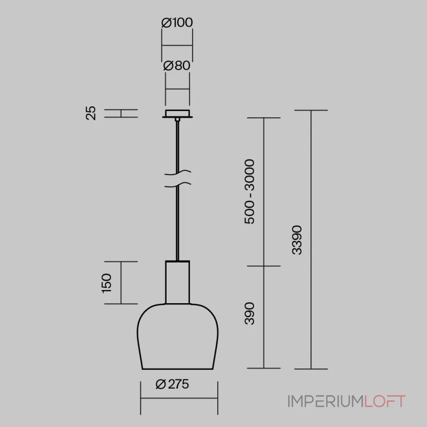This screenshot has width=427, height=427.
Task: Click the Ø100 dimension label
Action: tap(177, 22)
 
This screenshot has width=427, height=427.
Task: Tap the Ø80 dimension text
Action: tap(177, 66)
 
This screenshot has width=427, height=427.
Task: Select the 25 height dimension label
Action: tap(91, 113)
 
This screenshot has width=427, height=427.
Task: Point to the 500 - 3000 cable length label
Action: tap(249, 192)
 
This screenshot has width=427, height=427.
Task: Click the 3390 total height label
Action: tap(297, 240)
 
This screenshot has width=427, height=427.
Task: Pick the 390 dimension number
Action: tap(249, 313)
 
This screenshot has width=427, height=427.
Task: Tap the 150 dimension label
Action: tap(106, 283)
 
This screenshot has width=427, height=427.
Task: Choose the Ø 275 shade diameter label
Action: tap(172, 384)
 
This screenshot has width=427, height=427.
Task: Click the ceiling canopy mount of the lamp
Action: tap(178, 114)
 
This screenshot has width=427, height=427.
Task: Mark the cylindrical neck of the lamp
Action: tap(178, 282)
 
